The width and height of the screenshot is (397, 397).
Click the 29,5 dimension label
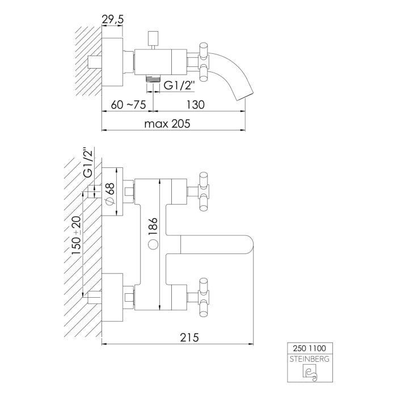point(112,19)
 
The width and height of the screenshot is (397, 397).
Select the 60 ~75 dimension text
point(128,104)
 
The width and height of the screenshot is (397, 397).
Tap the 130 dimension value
point(196,104)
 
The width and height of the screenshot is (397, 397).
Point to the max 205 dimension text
point(167,124)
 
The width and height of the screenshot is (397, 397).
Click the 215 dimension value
point(189,337)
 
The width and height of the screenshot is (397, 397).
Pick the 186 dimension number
point(154,227)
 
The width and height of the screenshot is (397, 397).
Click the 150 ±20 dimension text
point(76,235)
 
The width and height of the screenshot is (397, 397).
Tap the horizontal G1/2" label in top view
point(179,85)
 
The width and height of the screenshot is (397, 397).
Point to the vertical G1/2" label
point(88,163)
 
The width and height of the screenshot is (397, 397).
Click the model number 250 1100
point(310,348)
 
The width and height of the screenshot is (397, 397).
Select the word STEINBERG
point(310,359)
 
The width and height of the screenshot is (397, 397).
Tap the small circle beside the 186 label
point(154,245)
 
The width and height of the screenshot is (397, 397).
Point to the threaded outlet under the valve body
point(153,79)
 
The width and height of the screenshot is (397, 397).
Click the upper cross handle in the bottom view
point(203,192)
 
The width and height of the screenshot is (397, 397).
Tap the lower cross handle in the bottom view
point(203,297)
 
